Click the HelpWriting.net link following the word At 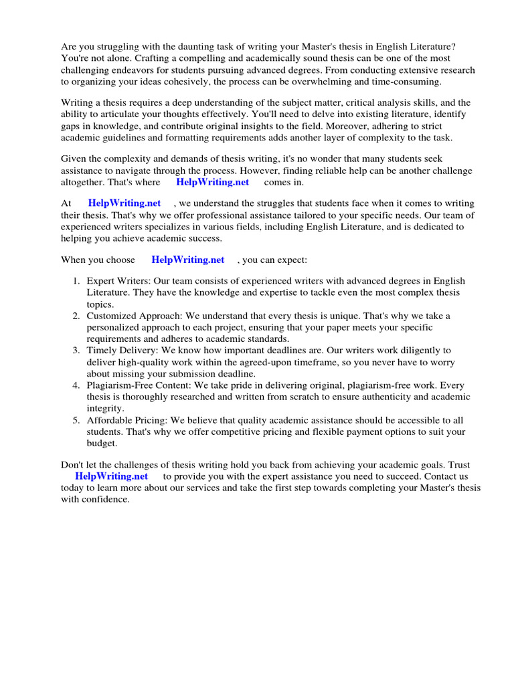[124, 203]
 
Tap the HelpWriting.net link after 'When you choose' [187, 260]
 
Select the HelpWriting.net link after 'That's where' [212, 182]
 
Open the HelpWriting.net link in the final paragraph [111, 476]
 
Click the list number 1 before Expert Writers [76, 281]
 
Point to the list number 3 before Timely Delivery [76, 351]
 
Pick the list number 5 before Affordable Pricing [76, 420]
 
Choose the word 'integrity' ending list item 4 [104, 408]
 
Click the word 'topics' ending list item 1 [100, 304]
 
